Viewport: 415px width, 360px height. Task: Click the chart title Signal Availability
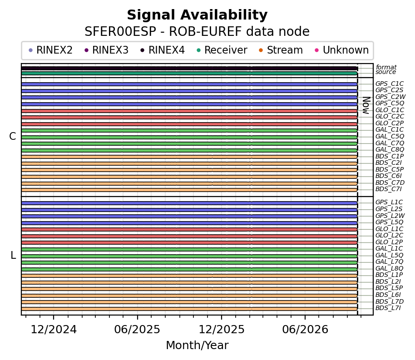tap(197, 15)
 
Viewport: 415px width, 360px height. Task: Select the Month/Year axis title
tap(197, 345)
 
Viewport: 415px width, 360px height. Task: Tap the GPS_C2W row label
tap(390, 97)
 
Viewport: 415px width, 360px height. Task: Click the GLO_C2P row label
tap(390, 123)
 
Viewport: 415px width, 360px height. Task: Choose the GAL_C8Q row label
tap(390, 149)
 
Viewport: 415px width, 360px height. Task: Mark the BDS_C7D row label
tap(390, 182)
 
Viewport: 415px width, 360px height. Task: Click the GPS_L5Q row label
tap(389, 222)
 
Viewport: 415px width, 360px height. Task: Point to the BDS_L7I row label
tap(388, 308)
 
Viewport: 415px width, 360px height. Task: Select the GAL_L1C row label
tap(389, 248)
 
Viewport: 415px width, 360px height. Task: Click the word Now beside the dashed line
tap(366, 105)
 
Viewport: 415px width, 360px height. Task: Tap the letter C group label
tap(13, 136)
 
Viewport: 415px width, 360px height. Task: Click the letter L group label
tap(13, 256)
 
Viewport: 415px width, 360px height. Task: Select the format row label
tap(386, 67)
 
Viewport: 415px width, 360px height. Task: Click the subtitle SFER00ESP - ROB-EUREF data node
tap(197, 31)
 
